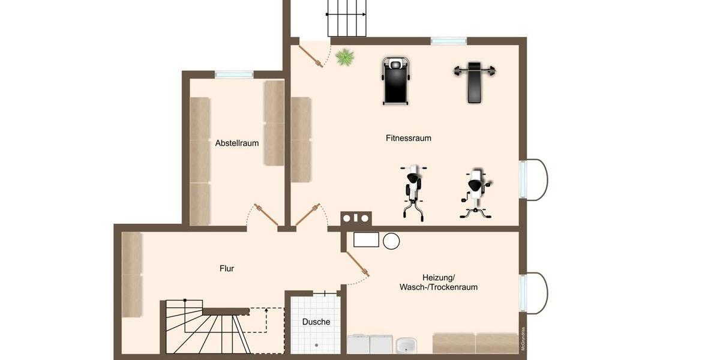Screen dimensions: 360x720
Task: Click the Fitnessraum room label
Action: coord(408,138)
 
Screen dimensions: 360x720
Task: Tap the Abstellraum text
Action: coord(237,143)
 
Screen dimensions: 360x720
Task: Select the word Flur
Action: coord(226,269)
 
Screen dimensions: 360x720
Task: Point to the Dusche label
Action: coord(316,322)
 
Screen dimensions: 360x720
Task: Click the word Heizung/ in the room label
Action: coord(439,277)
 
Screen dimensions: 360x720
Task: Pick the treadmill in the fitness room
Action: coord(395,80)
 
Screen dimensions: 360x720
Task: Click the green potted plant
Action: coord(344,58)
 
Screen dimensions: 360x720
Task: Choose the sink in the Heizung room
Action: coord(406,346)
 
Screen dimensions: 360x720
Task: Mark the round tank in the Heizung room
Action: coord(391,241)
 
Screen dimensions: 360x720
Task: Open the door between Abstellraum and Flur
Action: coord(265,215)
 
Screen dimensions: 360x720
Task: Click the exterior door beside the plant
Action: coord(312,54)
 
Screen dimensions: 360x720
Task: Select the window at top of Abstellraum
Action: coord(234,74)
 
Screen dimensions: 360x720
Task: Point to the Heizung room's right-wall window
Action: coord(523,293)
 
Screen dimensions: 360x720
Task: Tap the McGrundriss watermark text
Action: coord(523,338)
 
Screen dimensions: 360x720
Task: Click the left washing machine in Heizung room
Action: coord(358,344)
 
